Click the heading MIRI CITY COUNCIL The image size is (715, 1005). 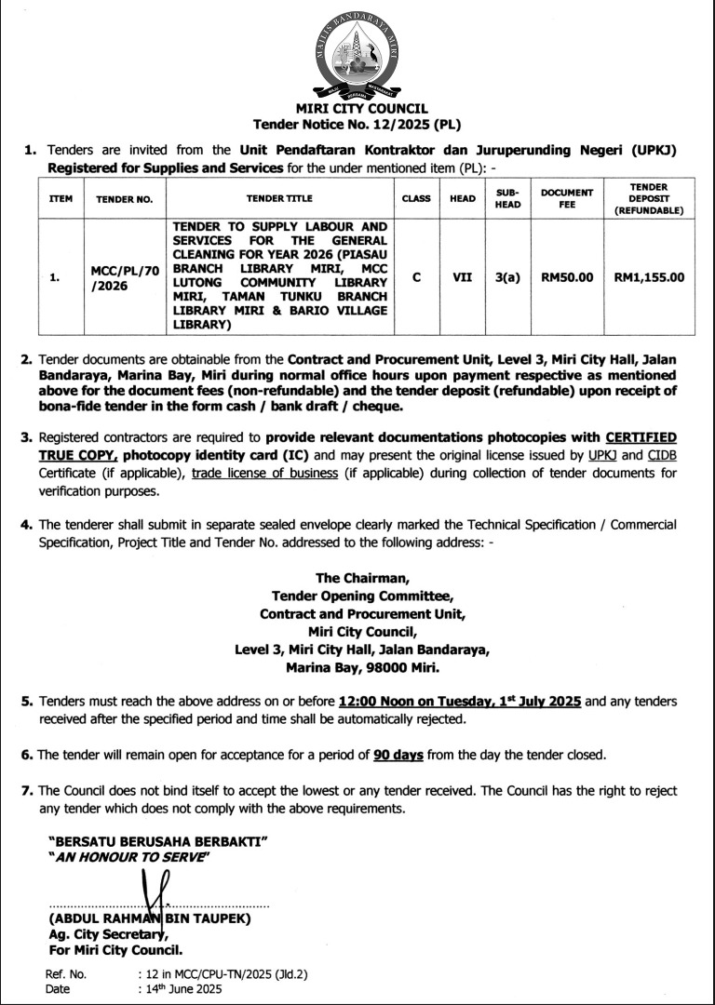click(357, 109)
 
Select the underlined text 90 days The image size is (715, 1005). click(399, 754)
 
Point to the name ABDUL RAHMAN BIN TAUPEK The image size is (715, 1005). click(150, 919)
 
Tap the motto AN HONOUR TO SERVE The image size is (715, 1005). click(129, 857)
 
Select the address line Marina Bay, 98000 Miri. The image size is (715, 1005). click(361, 666)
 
